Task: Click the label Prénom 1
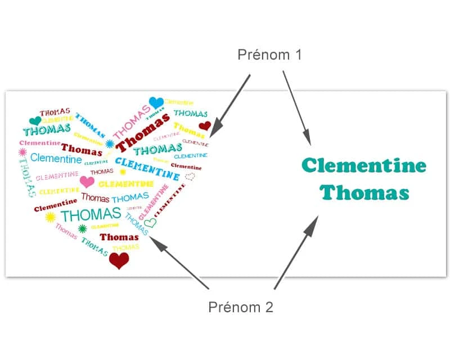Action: (x=269, y=55)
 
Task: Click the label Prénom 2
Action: (x=240, y=308)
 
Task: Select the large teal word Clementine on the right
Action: (x=364, y=166)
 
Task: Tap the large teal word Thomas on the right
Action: (x=364, y=193)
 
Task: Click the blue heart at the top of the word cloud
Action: (x=156, y=102)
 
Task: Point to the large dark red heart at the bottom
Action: (x=119, y=260)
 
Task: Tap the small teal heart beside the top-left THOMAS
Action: (x=35, y=121)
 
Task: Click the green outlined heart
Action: (x=151, y=223)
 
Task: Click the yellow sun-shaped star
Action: (x=50, y=217)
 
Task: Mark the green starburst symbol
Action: (x=83, y=228)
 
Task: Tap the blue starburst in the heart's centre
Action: (x=110, y=145)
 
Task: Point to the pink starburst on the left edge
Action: (x=23, y=152)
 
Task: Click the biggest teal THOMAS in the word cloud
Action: (x=91, y=214)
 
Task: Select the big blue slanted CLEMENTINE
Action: (x=147, y=169)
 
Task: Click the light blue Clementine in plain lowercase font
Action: (x=56, y=159)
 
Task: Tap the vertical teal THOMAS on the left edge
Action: (x=26, y=177)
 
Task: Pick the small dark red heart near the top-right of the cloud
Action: (x=205, y=126)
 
